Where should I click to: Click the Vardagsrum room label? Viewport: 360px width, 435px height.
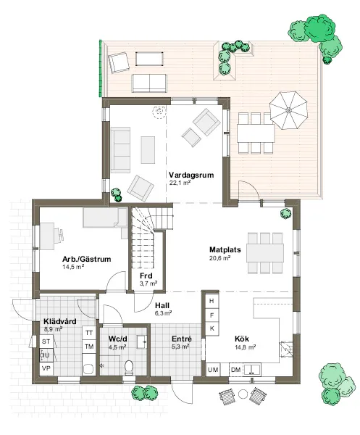(191, 175)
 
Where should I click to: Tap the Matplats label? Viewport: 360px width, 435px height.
(225, 249)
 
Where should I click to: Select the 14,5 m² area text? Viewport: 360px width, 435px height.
(73, 267)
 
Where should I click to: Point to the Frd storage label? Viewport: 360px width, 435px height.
(146, 275)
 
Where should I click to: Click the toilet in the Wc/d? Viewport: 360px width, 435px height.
(129, 366)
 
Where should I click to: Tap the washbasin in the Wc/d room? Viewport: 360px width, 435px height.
(142, 342)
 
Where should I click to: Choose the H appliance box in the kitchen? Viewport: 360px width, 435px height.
(212, 301)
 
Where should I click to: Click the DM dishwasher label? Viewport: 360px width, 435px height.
(236, 370)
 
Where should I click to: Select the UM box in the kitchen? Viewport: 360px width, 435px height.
(213, 370)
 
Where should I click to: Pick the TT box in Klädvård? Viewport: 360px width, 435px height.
(89, 333)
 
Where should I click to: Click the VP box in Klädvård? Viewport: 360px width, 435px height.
(46, 368)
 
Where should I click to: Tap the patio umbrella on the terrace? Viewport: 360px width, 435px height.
(288, 110)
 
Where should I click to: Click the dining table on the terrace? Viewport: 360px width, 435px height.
(256, 133)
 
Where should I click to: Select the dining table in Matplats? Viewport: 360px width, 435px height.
(265, 253)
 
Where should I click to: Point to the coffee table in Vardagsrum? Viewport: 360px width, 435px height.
(148, 150)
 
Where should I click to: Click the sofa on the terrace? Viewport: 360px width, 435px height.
(149, 83)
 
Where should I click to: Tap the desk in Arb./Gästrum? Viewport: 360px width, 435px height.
(47, 236)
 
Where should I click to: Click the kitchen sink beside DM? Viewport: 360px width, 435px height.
(251, 370)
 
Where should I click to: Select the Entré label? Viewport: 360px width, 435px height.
(182, 339)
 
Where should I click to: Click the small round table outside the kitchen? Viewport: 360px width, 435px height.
(243, 394)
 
